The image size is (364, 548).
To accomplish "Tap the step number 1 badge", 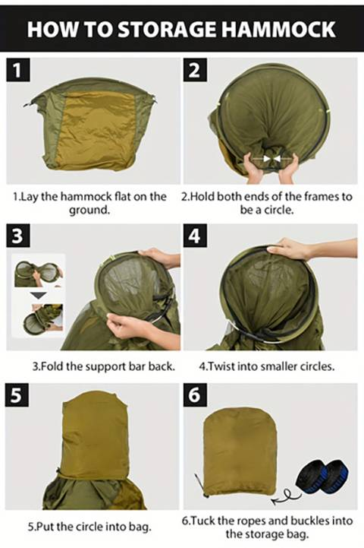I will (x=19, y=71).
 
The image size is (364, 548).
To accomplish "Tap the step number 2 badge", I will (x=194, y=71).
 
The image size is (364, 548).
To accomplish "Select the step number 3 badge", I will (x=19, y=236).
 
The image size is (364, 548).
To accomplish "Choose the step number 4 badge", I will (x=194, y=236).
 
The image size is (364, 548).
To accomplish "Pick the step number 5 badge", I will (x=19, y=396).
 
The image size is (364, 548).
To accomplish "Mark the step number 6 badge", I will (x=194, y=396).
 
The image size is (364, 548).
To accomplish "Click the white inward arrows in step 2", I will (x=271, y=159).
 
